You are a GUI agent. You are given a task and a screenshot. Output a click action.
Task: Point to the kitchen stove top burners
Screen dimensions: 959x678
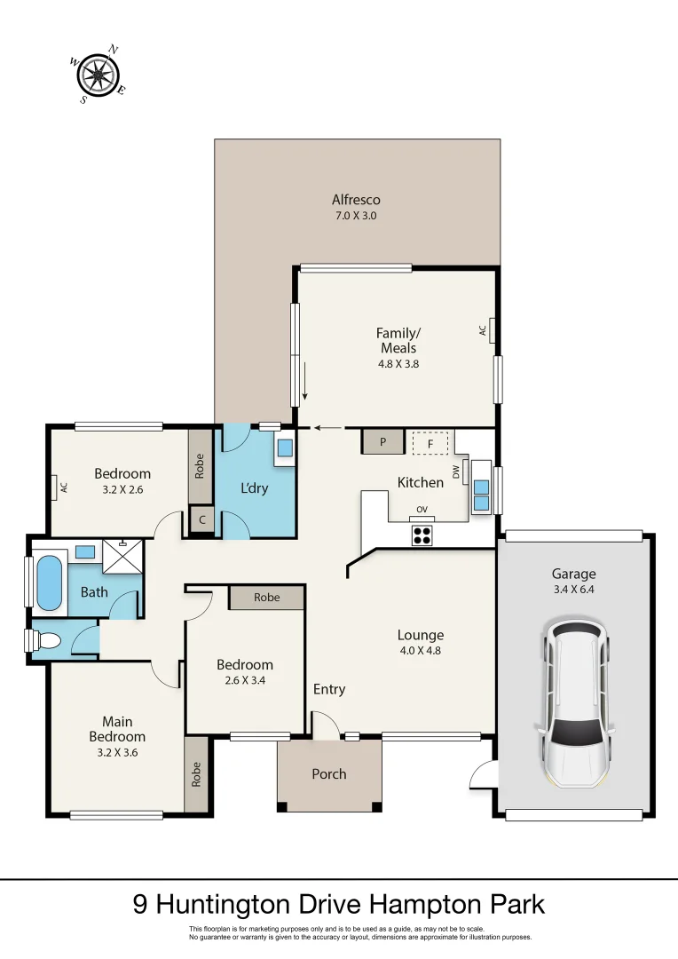coord(422,535)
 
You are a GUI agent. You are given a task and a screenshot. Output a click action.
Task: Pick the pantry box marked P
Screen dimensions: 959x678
coord(382,441)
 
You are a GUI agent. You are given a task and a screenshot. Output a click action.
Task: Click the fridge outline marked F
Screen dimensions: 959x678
coord(431,442)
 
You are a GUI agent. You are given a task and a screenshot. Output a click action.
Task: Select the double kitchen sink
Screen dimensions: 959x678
coord(480,494)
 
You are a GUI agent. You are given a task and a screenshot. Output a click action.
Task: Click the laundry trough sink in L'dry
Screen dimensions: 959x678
coord(285,448)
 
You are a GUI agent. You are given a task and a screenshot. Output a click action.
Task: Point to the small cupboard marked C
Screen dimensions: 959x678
coord(202,521)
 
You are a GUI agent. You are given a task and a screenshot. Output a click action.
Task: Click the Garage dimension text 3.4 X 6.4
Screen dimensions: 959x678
coord(572,590)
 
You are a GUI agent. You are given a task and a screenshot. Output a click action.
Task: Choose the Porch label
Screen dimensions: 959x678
coord(328,774)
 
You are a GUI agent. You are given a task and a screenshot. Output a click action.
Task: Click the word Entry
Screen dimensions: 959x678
coord(328,689)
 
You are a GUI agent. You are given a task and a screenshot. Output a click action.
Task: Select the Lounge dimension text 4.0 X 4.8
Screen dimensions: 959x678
coord(420,650)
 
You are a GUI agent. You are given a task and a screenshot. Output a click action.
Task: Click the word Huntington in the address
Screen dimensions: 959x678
coord(233,905)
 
